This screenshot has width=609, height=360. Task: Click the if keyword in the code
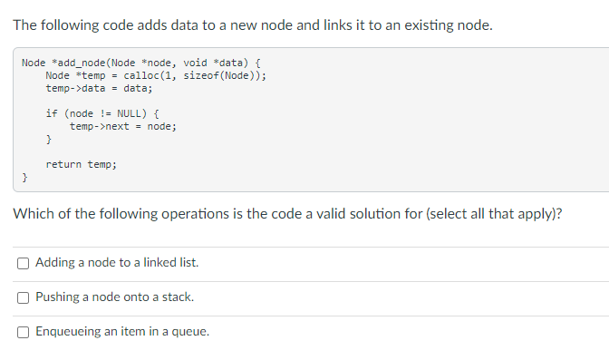[x=51, y=113]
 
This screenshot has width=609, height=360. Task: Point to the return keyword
[x=63, y=164]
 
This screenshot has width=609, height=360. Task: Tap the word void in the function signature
[x=195, y=63]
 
